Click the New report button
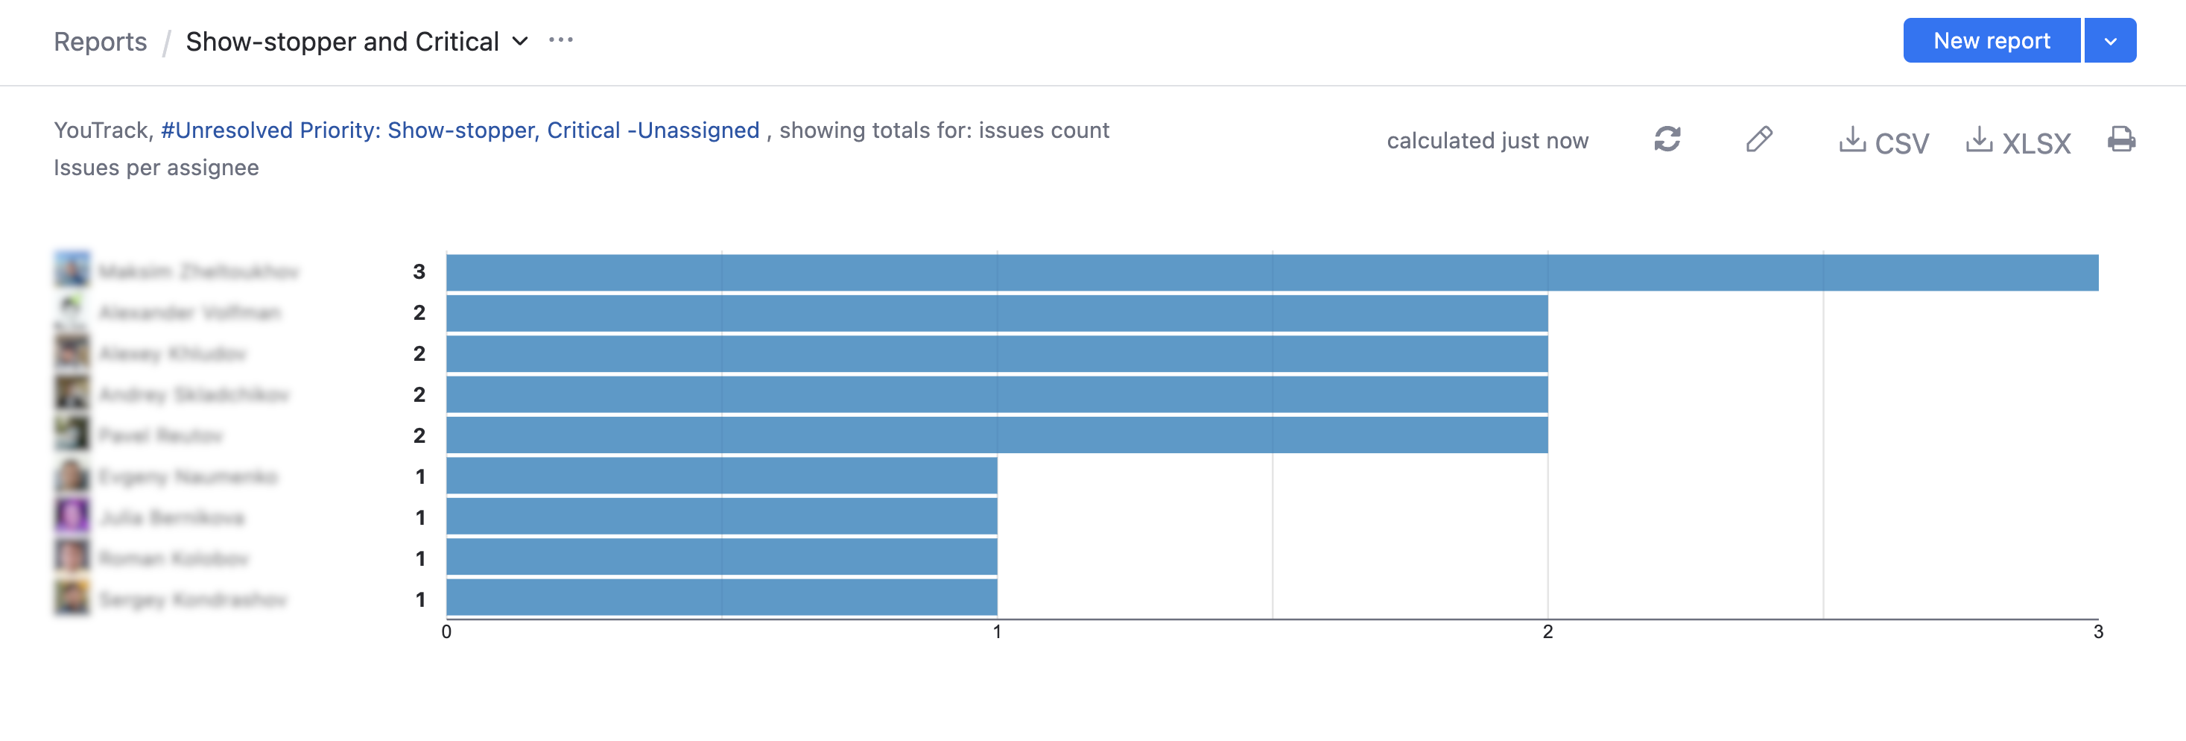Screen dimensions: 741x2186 1991,41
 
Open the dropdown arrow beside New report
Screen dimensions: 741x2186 2109,41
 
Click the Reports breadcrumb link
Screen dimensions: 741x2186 100,42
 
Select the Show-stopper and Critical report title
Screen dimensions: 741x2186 342,42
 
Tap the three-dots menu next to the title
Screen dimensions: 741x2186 561,40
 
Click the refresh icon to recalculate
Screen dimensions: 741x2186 1667,139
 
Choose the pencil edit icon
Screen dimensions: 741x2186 1759,139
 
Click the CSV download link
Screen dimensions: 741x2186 1885,142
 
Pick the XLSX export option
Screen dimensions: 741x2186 2019,142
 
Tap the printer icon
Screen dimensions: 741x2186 2120,139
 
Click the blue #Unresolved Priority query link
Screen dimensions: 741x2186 460,130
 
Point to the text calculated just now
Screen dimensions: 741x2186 1486,141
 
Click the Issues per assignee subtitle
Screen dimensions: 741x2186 156,167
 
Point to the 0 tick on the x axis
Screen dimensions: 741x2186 446,631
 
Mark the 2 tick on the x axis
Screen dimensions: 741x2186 1547,631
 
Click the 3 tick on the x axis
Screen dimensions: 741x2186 2098,631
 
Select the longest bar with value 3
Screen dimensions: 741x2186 1271,272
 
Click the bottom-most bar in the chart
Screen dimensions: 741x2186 721,598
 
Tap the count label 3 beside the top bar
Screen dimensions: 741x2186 419,271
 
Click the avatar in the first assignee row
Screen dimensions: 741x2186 72,269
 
